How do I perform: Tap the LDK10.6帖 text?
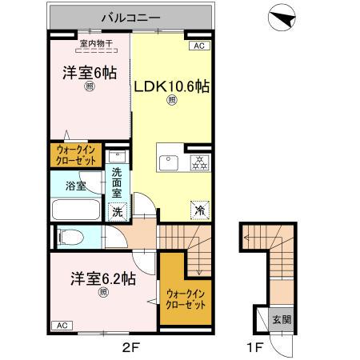point(172,86)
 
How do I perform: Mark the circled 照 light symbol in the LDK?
point(171,101)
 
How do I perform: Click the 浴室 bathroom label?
point(75,185)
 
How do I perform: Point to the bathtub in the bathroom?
point(75,210)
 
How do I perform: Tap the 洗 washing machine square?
point(117,213)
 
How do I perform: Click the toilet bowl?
point(71,236)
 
